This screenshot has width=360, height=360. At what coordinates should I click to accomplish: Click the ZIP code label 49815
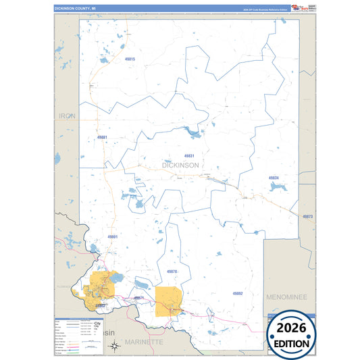pyautogui.click(x=130, y=59)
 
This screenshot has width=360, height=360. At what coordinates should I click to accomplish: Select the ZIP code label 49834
pyautogui.click(x=274, y=178)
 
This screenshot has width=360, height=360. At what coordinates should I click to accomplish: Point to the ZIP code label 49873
pyautogui.click(x=307, y=216)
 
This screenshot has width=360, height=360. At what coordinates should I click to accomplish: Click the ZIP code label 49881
pyautogui.click(x=102, y=137)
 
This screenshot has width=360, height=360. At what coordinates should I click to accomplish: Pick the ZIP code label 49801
pyautogui.click(x=112, y=237)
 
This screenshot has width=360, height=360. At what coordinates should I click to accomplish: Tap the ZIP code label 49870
pyautogui.click(x=171, y=272)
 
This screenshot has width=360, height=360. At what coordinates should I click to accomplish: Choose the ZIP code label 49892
pyautogui.click(x=237, y=293)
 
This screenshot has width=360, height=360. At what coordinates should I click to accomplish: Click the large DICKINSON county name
pyautogui.click(x=180, y=165)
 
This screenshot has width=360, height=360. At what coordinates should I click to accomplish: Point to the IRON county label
pyautogui.click(x=68, y=116)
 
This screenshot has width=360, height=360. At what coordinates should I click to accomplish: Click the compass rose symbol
pyautogui.click(x=115, y=346)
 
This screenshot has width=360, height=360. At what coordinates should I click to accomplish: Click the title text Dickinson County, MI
pyautogui.click(x=76, y=8)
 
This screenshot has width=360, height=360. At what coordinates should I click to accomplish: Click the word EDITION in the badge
pyautogui.click(x=292, y=344)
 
